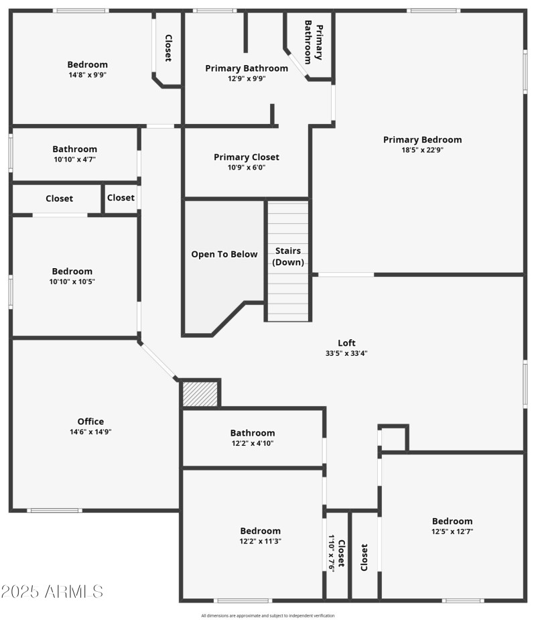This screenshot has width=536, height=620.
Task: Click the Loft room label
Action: tap(346, 343)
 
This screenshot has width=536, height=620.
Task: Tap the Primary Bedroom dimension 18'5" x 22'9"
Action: tap(422, 150)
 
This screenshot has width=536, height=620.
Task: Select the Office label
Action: tap(90, 422)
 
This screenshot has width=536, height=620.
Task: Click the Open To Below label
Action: tap(224, 254)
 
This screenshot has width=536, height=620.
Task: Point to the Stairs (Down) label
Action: tap(288, 256)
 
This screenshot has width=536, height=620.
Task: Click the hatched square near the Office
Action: tap(200, 393)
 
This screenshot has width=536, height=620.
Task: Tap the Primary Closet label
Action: tap(247, 157)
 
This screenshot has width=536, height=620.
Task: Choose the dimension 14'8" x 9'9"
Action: tap(87, 75)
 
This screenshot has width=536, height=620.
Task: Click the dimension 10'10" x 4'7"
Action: tap(75, 160)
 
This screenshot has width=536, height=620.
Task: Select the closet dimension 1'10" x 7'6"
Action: tap(331, 554)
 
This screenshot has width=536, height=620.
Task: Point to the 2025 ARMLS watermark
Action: tap(52, 591)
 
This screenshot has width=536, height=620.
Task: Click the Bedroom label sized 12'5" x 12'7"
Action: tap(452, 521)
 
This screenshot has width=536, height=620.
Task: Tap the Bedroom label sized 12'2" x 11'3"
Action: tap(261, 531)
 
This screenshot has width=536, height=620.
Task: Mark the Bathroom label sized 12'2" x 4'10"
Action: tap(253, 433)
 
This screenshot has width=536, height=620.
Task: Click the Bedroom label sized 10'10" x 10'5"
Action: tap(72, 271)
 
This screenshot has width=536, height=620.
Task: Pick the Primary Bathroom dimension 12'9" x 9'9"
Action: tap(247, 78)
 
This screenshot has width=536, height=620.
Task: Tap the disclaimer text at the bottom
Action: tap(268, 615)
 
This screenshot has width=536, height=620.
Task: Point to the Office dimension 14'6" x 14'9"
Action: tap(90, 432)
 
